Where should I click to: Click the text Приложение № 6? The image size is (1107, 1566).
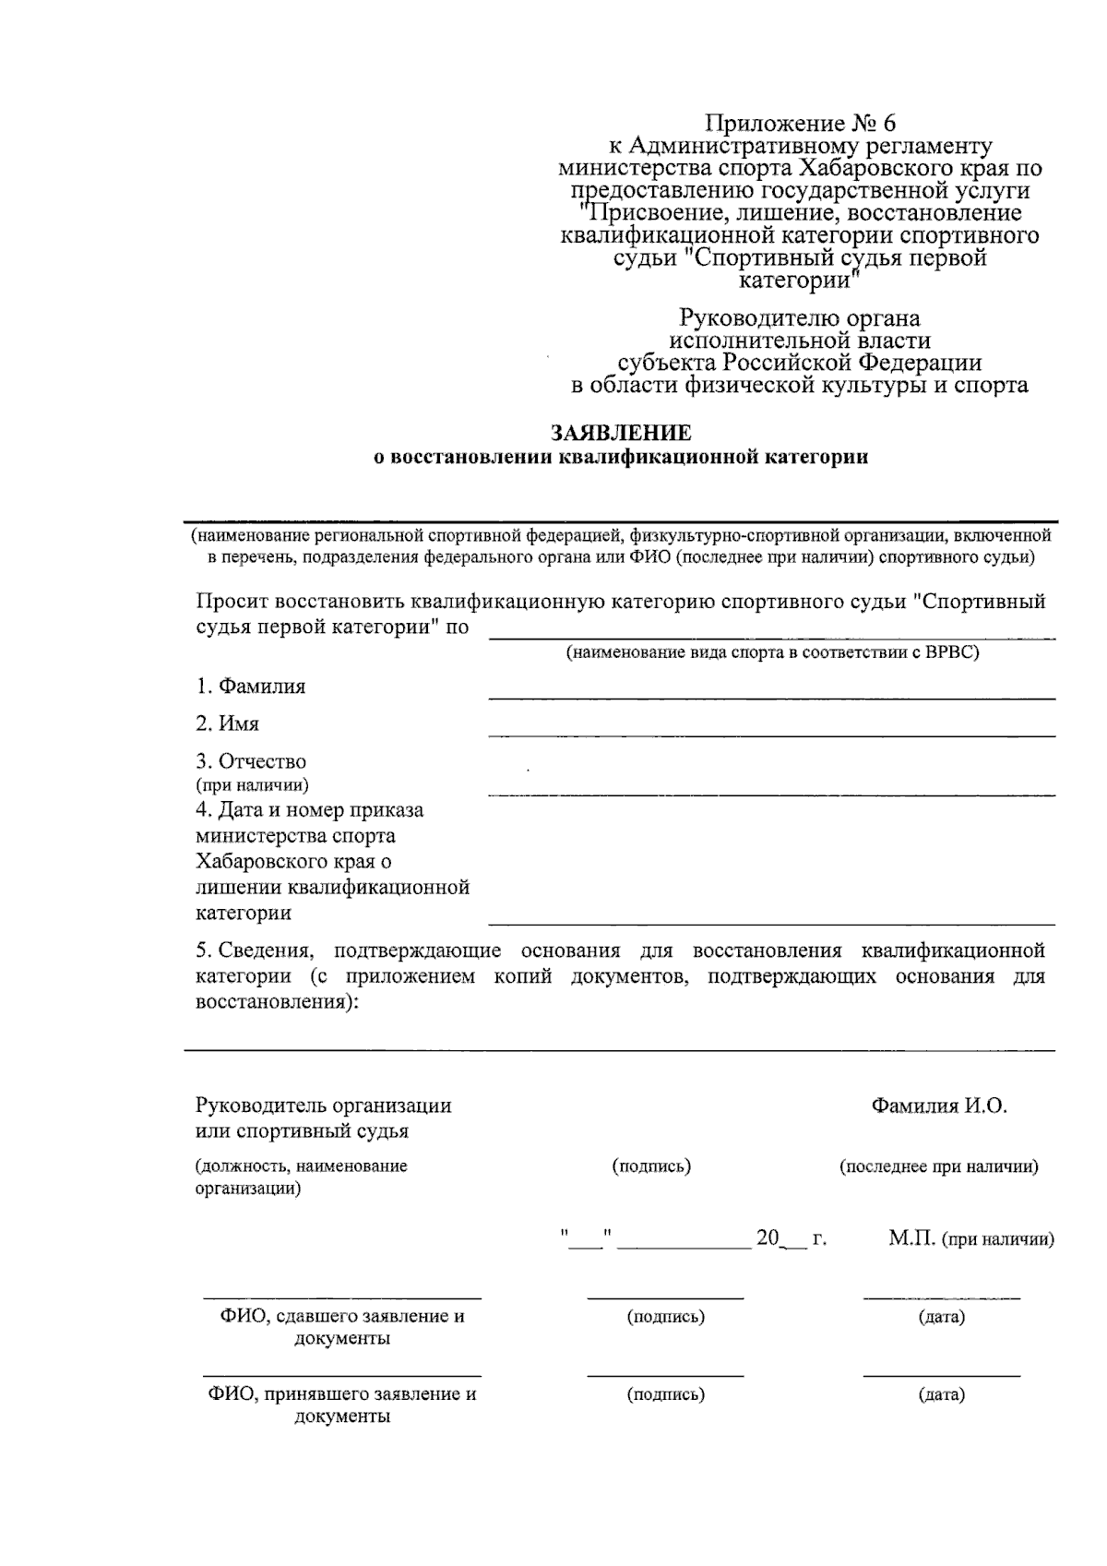click(800, 124)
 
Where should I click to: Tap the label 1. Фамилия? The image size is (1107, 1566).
click(250, 687)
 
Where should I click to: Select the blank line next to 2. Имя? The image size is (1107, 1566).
click(771, 735)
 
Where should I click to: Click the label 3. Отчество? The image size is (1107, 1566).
click(251, 762)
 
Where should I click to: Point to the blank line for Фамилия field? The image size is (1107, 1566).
click(771, 699)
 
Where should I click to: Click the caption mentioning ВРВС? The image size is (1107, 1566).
click(772, 652)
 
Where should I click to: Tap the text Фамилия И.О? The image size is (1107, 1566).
click(938, 1106)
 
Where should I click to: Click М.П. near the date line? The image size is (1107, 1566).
click(912, 1239)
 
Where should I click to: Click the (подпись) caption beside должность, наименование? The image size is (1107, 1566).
click(651, 1166)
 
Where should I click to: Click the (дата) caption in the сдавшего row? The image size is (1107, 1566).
click(941, 1317)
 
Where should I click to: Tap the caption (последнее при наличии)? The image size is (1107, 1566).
click(938, 1166)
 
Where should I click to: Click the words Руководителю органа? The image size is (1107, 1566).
click(800, 319)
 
